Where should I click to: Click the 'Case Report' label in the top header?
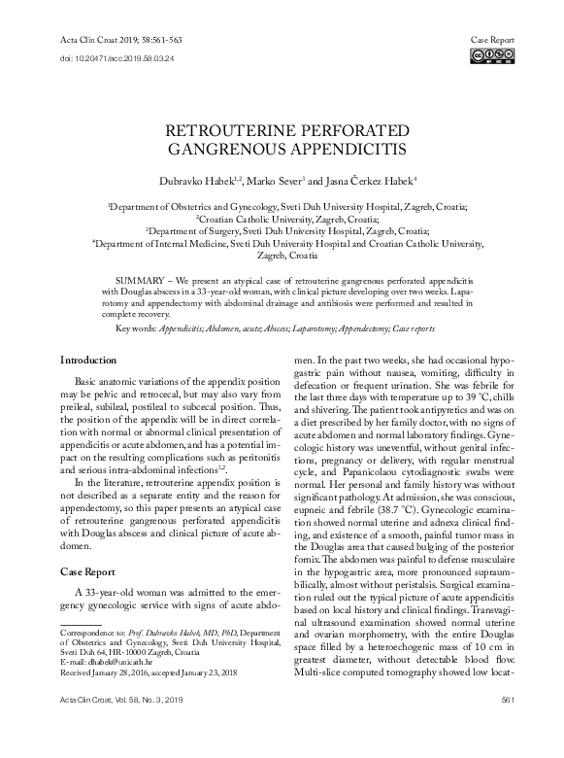click(x=493, y=40)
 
